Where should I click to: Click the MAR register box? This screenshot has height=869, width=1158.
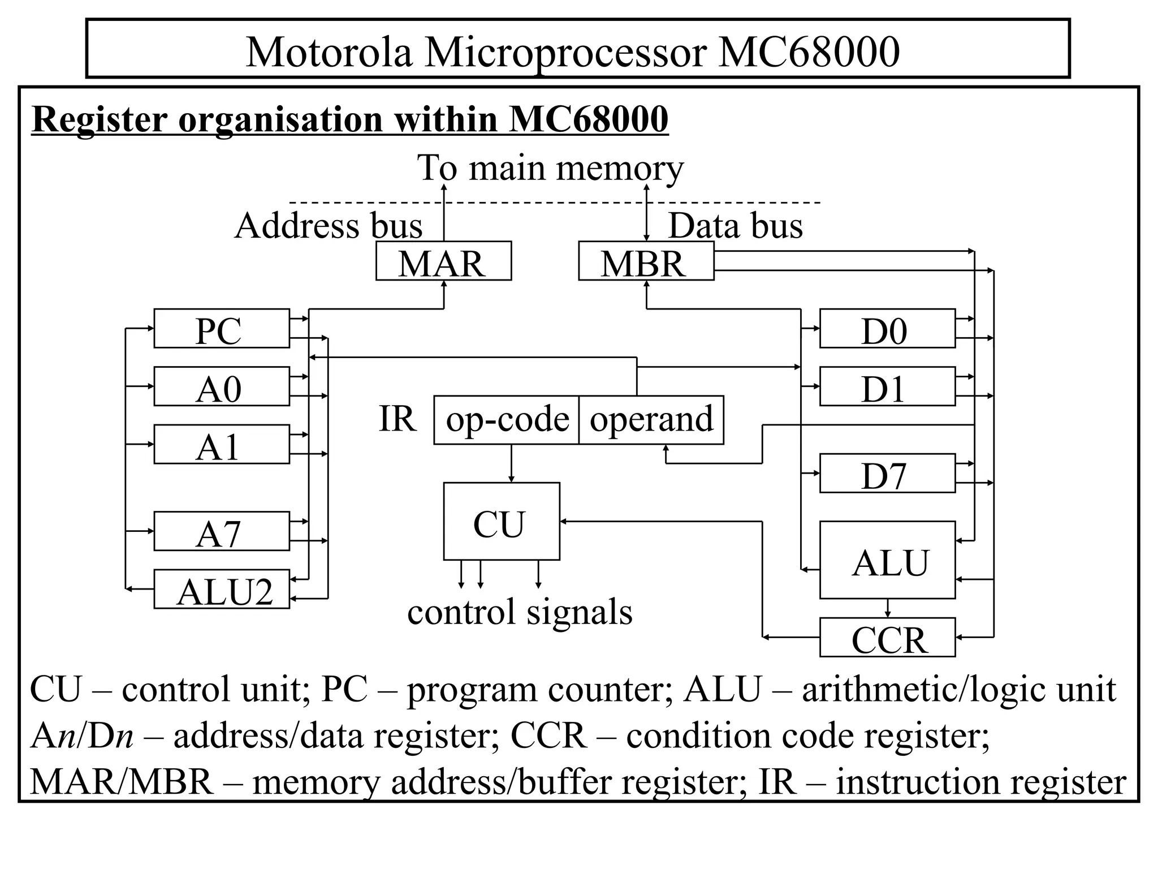pos(443,261)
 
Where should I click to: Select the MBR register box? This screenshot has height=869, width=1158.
pos(646,261)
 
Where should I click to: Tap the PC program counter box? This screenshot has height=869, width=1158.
pos(221,329)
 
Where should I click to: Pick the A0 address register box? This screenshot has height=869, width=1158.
pos(221,386)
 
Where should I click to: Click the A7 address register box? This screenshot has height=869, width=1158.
pos(221,531)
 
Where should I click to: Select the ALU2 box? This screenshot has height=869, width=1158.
pos(221,590)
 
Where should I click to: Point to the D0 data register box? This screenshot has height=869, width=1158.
pos(887,329)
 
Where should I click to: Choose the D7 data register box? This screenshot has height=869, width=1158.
pos(887,474)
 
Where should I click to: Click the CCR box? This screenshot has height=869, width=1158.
pos(887,638)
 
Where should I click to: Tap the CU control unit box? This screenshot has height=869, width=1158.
pos(501,522)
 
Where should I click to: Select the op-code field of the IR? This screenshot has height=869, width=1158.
pos(507,420)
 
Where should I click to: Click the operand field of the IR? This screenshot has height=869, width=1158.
pos(651,420)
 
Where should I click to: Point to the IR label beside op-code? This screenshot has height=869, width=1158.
pos(397,419)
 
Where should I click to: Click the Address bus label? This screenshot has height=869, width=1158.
pos(329,226)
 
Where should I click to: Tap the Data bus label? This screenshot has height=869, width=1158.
pos(735,226)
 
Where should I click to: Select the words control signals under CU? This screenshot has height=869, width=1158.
pos(519,612)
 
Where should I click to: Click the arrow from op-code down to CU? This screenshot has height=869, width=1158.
pos(511,464)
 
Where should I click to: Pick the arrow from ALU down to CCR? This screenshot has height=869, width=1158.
pos(887,609)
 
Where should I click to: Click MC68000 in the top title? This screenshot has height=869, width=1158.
pos(809,52)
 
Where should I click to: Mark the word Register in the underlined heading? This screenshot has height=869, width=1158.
pos(100,119)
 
